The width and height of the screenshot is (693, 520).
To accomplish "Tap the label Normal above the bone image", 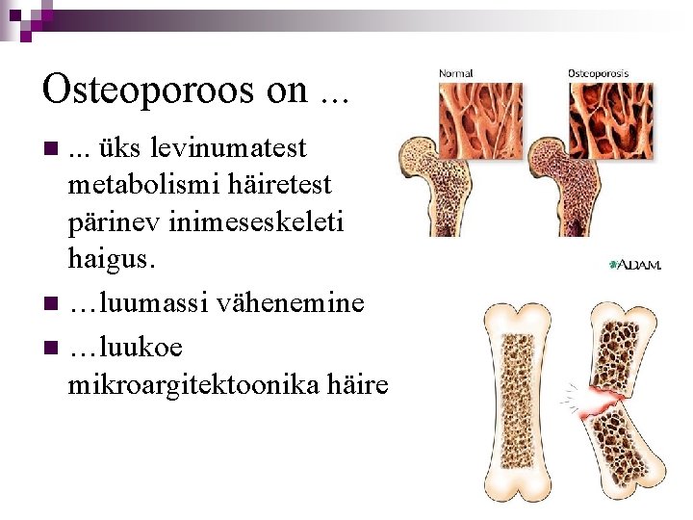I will pos(455,73).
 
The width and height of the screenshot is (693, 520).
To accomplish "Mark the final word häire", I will pos(358,385).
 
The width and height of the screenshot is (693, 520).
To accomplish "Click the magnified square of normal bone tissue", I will pos(477,120).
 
